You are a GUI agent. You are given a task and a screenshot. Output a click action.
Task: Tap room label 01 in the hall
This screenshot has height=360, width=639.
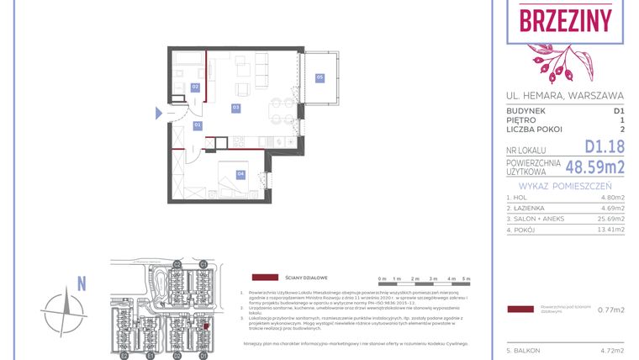pyautogui.click(x=198, y=125)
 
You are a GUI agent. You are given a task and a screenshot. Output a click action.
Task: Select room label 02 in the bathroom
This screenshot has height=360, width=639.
pyautogui.click(x=195, y=87)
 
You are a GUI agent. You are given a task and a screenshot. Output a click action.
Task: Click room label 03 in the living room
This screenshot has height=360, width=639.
pyautogui.click(x=237, y=108)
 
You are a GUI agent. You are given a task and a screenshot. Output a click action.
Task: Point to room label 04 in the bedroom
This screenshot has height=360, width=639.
pyautogui.click(x=240, y=174)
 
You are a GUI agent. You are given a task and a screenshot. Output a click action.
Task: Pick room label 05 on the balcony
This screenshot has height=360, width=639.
pyautogui.click(x=319, y=77)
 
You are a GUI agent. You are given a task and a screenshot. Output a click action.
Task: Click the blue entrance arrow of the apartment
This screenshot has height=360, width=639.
pyautogui.click(x=158, y=114)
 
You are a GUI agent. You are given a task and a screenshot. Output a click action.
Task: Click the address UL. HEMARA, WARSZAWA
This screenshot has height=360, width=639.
pyautogui.click(x=565, y=94)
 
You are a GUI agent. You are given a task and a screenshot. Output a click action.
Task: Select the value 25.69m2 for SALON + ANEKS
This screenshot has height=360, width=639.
pyautogui.click(x=609, y=218)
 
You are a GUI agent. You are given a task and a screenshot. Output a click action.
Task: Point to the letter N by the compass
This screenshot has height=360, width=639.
pyautogui.click(x=81, y=283)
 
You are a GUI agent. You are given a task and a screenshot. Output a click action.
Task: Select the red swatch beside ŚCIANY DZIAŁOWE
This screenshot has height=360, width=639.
pyautogui.click(x=265, y=277)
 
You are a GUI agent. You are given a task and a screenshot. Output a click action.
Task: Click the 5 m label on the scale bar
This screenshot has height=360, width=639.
pyautogui.click(x=467, y=278)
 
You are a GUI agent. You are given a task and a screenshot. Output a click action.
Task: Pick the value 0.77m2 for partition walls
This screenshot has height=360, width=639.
pyautogui.click(x=610, y=310)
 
